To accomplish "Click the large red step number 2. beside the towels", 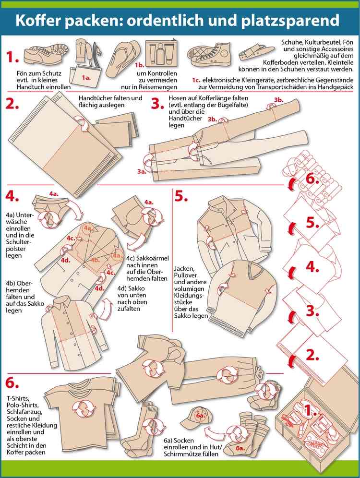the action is coord(12,104).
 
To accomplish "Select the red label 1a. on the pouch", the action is coord(86,78).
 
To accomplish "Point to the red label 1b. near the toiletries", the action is coord(140,65).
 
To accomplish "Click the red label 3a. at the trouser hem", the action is coord(142,171).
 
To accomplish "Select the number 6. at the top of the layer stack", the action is coord(312,179).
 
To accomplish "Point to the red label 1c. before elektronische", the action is coord(196,80).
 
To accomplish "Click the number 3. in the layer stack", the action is coord(312,311).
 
